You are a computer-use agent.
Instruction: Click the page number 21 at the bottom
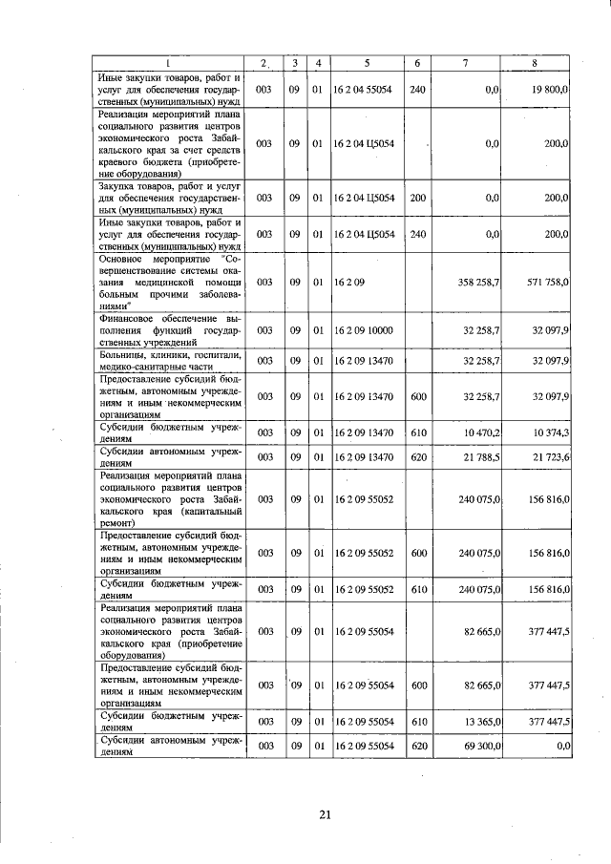[325, 814]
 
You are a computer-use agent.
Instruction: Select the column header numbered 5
[367, 63]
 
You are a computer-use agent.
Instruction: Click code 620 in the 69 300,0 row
[416, 744]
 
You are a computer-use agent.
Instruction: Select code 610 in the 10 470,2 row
[416, 432]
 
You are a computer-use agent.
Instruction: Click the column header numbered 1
[168, 63]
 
